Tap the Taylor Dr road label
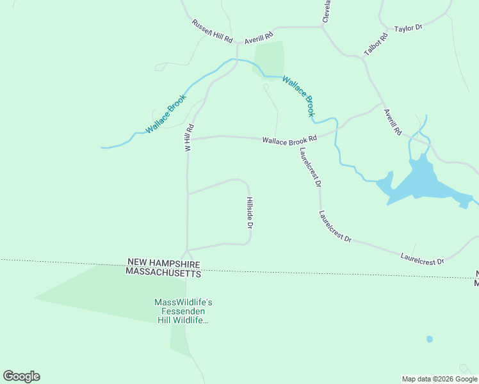click(x=409, y=29)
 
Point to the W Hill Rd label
click(x=188, y=138)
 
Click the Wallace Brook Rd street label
click(x=289, y=140)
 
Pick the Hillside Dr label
click(x=250, y=212)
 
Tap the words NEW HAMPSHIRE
click(x=163, y=263)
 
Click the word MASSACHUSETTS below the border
click(x=163, y=273)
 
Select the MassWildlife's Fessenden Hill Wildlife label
click(x=183, y=310)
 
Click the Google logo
click(x=21, y=376)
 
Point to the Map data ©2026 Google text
click(x=439, y=379)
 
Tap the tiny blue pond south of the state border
click(x=429, y=339)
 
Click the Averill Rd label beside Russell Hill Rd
click(x=259, y=38)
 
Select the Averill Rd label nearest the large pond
click(x=392, y=122)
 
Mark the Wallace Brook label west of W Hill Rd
click(x=165, y=114)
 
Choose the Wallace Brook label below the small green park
click(x=299, y=96)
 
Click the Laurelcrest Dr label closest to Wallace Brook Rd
click(x=310, y=166)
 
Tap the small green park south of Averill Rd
click(x=269, y=59)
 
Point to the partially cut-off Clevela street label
click(x=327, y=11)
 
